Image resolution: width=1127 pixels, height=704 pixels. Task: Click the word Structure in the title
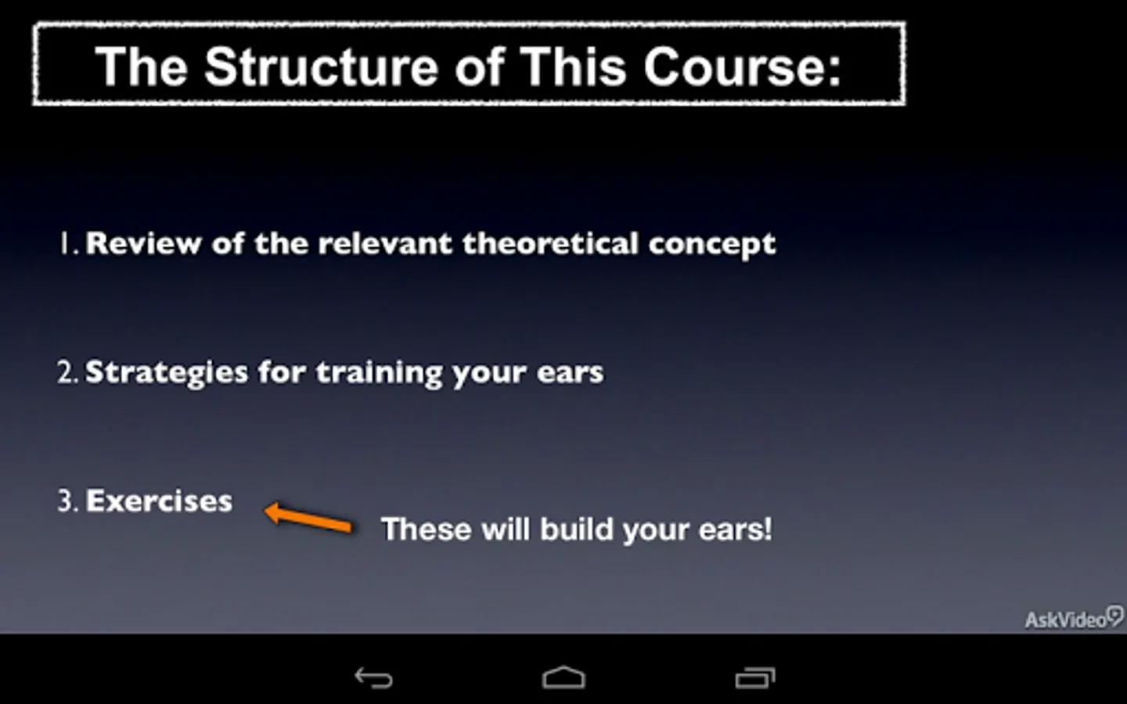click(321, 67)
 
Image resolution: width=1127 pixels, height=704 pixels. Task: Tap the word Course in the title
click(742, 67)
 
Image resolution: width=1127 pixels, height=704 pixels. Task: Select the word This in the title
click(573, 67)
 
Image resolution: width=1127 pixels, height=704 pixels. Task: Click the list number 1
click(68, 243)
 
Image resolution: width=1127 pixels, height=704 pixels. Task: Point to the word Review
click(143, 244)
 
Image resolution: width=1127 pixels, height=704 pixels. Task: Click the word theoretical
click(550, 244)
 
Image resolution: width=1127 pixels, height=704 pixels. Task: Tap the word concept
click(712, 246)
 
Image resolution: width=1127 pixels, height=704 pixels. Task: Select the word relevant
click(385, 244)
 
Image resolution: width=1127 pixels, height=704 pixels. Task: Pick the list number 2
click(68, 372)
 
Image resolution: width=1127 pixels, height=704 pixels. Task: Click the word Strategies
click(167, 374)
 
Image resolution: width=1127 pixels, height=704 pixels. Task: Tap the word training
click(379, 374)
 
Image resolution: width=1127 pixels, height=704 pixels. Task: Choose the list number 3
click(68, 501)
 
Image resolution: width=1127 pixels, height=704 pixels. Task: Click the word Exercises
click(159, 501)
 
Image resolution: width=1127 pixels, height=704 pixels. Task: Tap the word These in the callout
click(427, 529)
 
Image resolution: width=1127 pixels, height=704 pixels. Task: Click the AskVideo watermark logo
click(1074, 618)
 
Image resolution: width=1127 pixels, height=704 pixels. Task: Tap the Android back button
click(373, 677)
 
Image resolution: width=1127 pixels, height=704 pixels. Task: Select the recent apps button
click(755, 677)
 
